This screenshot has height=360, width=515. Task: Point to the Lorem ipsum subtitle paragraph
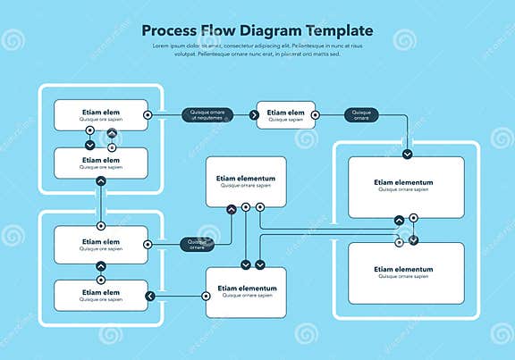(x=257, y=49)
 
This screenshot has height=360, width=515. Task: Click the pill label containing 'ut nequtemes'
(x=207, y=114)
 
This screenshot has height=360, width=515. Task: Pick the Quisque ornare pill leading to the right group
(x=362, y=114)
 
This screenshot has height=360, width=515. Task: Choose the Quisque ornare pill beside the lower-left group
(x=198, y=243)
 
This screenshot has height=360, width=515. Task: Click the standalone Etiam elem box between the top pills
(x=286, y=114)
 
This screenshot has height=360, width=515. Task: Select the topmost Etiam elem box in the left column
(x=100, y=114)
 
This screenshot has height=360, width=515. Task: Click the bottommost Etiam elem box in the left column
(x=100, y=295)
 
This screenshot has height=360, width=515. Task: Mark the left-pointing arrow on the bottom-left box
(x=150, y=296)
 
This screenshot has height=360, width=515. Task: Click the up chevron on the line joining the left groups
(x=101, y=180)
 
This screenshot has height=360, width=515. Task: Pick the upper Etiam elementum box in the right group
(x=406, y=186)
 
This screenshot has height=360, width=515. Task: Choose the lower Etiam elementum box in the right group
(x=406, y=272)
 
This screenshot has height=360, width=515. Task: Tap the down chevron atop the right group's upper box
(x=408, y=154)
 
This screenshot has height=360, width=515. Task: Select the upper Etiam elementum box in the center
(x=246, y=181)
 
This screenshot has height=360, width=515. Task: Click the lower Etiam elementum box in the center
(x=246, y=292)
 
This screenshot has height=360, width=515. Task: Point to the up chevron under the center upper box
(x=232, y=209)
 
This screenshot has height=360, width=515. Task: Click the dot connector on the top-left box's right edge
(x=148, y=115)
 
